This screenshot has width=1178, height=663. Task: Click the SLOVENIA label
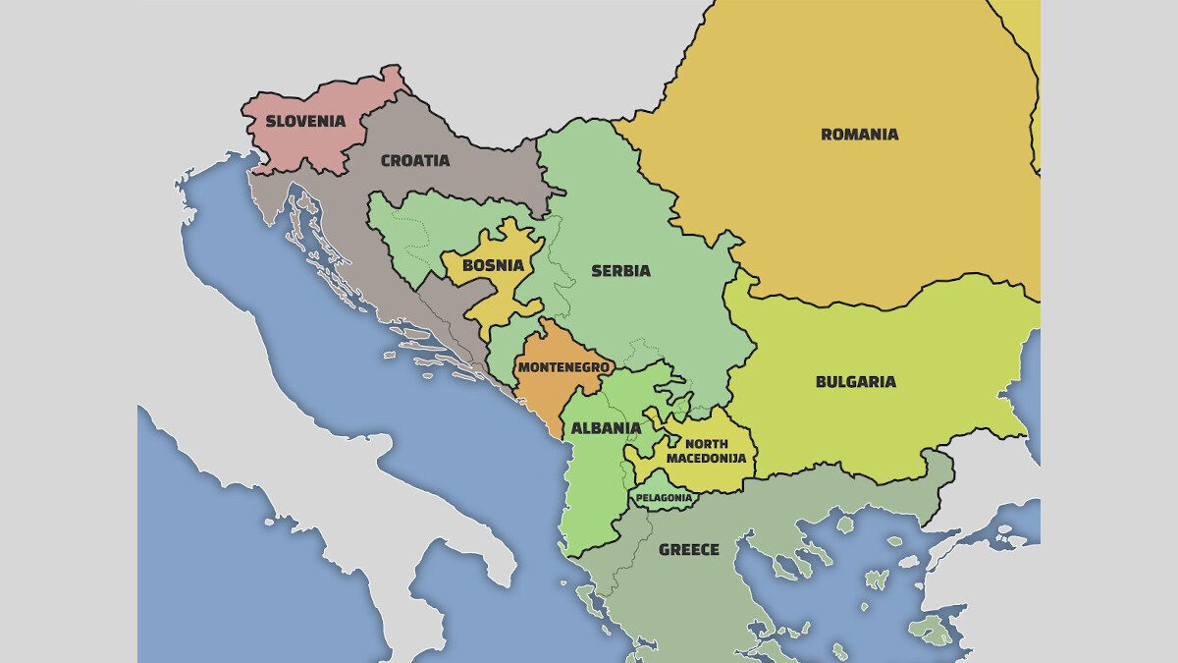[x=305, y=122]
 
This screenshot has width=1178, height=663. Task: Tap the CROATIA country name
[x=414, y=160]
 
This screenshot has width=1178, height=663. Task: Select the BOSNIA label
[x=493, y=265]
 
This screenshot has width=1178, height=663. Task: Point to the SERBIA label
[x=620, y=271]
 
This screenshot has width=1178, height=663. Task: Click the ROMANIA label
[x=859, y=135]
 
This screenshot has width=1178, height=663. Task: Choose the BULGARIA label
[x=855, y=382]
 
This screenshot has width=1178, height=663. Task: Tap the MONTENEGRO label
[x=563, y=367]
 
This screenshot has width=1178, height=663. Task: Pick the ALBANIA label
[x=606, y=428]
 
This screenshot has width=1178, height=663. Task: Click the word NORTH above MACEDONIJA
[x=707, y=444]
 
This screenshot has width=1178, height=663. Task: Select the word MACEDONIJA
[x=707, y=458]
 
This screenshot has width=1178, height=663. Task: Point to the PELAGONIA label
[x=665, y=498]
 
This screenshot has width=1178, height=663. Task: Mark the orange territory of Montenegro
[x=546, y=393]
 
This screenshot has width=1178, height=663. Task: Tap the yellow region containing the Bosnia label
[x=506, y=295]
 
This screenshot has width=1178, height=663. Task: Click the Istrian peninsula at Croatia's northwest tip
[x=263, y=201]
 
